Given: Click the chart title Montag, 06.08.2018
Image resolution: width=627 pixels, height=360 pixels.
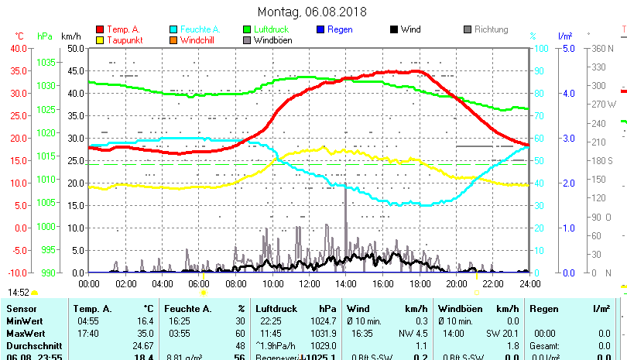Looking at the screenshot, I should (312, 12).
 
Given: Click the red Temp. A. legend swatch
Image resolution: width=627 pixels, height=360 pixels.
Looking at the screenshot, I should (100, 29).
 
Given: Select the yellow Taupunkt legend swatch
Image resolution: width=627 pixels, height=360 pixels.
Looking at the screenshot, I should (100, 40).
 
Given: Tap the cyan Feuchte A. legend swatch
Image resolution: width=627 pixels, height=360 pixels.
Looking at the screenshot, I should (173, 29).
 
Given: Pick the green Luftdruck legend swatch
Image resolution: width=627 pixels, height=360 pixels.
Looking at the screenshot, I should (247, 29).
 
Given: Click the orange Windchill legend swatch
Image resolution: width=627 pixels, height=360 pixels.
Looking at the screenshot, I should (173, 40).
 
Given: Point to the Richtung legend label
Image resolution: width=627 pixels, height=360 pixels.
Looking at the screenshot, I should (492, 29).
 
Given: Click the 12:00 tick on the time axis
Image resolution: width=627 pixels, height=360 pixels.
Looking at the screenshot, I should (308, 283).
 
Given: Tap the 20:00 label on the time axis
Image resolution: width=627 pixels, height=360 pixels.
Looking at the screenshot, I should (455, 283).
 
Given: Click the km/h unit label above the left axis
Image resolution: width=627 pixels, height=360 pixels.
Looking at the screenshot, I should (70, 36).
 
